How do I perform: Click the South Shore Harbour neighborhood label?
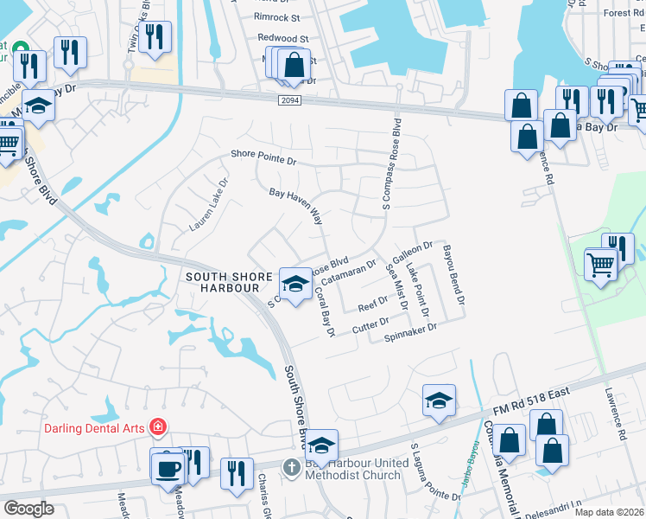231,282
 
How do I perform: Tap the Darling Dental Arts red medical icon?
158,426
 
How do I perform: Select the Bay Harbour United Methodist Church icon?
292,468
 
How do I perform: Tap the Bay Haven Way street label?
295,208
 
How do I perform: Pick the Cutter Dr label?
371,326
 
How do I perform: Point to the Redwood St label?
282,39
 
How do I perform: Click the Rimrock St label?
276,16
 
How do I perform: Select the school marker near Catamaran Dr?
295,285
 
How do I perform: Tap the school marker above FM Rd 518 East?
439,400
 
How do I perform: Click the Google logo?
28,509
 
